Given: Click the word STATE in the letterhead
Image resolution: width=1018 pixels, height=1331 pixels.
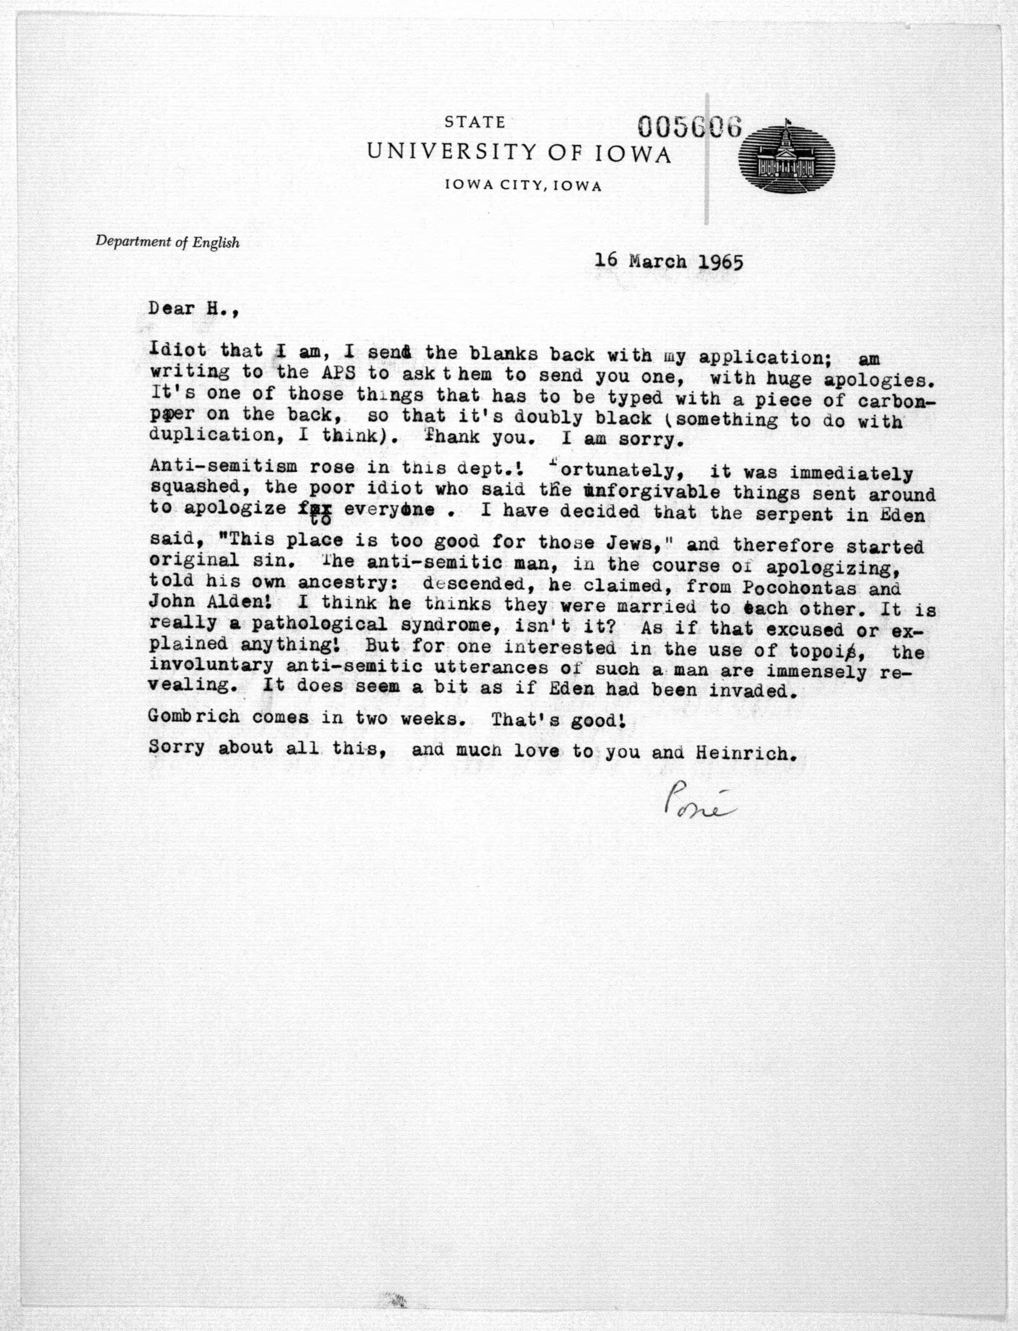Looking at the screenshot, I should pyautogui.click(x=475, y=122).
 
